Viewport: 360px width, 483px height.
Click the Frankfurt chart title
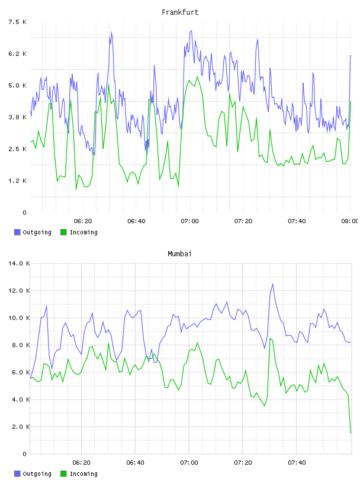pyautogui.click(x=180, y=12)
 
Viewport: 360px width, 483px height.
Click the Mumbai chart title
pyautogui.click(x=179, y=254)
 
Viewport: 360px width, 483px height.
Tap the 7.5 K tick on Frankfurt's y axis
pyautogui.click(x=17, y=22)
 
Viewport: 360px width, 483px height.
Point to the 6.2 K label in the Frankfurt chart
pyautogui.click(x=17, y=54)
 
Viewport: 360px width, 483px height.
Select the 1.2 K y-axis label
pyautogui.click(x=17, y=181)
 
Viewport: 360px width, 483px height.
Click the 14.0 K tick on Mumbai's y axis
pyautogui.click(x=19, y=263)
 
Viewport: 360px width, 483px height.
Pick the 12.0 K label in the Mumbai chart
pyautogui.click(x=19, y=291)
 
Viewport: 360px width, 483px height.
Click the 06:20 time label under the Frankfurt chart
pyautogui.click(x=83, y=221)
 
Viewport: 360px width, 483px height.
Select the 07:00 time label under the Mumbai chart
pyautogui.click(x=189, y=463)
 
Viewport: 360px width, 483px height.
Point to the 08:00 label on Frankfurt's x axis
pyautogui.click(x=349, y=221)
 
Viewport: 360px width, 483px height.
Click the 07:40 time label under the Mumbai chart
pyautogui.click(x=297, y=463)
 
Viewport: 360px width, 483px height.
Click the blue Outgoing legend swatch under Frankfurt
pyautogui.click(x=17, y=232)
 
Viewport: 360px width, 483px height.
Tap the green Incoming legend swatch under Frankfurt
pyautogui.click(x=63, y=232)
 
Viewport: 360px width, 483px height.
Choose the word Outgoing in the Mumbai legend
pyautogui.click(x=37, y=474)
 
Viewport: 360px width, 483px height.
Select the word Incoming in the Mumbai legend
pyautogui.click(x=83, y=474)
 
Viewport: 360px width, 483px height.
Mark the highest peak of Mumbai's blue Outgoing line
pyautogui.click(x=272, y=284)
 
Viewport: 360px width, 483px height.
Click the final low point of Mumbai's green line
pyautogui.click(x=351, y=433)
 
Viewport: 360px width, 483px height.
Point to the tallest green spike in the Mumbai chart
pyautogui.click(x=270, y=339)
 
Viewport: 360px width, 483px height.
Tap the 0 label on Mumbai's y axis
pyautogui.click(x=25, y=454)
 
